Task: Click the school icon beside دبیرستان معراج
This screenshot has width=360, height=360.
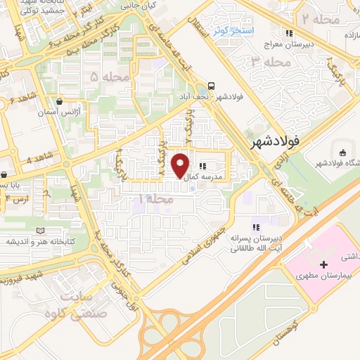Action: [288, 33]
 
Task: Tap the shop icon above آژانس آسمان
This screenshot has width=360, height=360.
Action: [65, 101]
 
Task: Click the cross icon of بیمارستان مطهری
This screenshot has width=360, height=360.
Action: [323, 265]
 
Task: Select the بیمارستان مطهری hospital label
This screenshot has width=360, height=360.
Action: [323, 278]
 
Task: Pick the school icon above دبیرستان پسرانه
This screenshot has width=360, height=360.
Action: [257, 227]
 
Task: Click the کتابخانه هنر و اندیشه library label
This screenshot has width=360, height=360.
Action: [39, 241]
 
